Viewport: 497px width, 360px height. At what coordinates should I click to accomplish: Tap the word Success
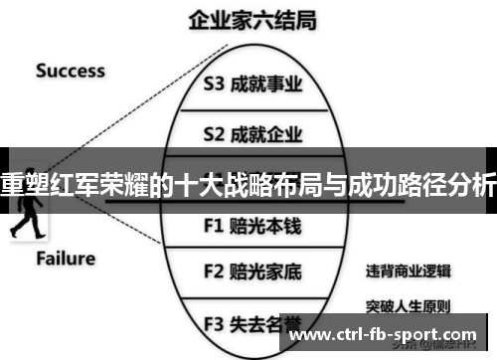tap(71, 71)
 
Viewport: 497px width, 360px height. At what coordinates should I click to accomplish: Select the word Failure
tap(67, 259)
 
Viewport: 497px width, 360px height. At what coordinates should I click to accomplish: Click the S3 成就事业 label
tap(251, 85)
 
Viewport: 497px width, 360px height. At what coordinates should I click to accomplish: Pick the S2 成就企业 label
tap(251, 133)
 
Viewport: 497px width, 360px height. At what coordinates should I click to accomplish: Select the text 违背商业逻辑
tap(408, 270)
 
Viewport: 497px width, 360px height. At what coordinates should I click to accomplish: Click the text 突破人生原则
tap(408, 305)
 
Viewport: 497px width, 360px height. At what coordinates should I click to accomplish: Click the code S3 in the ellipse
tap(215, 85)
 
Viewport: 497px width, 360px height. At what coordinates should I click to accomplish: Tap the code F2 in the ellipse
tap(214, 270)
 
